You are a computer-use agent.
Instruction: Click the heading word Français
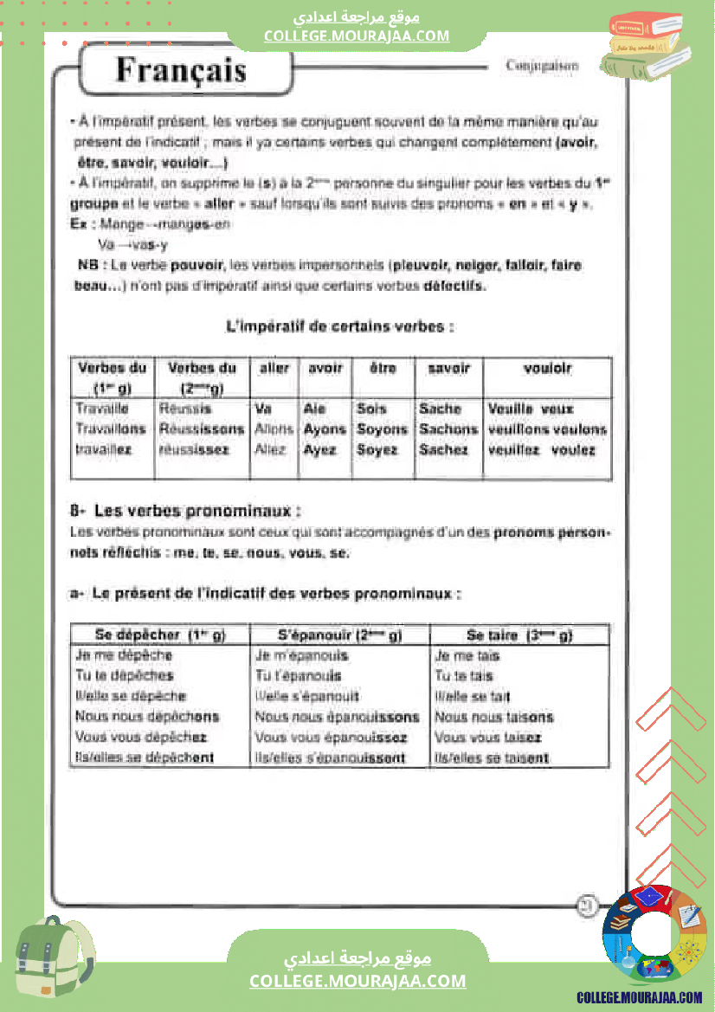point(181,69)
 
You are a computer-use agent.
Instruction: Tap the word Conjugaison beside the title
point(542,66)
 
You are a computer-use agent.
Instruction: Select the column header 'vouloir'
point(547,368)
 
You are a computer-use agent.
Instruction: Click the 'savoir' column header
point(448,368)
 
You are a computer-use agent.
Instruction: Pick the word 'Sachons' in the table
point(448,429)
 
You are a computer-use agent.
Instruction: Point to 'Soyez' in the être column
point(377,450)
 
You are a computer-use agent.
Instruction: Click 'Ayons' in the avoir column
point(325,429)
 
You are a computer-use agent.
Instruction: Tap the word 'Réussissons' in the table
point(202,429)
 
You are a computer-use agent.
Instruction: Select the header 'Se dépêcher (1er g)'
point(159,635)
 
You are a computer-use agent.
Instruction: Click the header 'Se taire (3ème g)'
point(519,635)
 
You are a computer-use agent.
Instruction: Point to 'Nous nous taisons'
point(493,717)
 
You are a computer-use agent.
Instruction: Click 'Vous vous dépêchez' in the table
point(141,738)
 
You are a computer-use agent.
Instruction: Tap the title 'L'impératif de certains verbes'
point(339,327)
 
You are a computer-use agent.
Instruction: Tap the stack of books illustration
point(645,48)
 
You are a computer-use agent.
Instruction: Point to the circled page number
point(587,906)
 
